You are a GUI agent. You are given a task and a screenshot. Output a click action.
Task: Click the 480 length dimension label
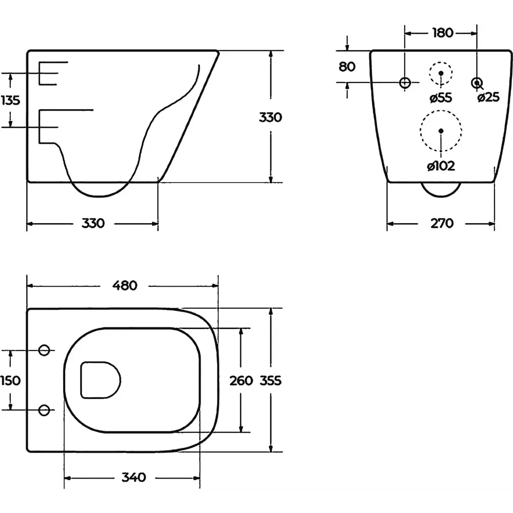point(125,286)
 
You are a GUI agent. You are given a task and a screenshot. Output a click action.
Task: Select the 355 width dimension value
point(270,381)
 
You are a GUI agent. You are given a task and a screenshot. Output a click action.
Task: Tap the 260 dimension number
point(241,381)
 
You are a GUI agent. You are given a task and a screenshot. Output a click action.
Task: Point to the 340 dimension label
point(134,477)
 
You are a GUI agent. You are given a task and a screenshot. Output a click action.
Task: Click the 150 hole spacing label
point(10,381)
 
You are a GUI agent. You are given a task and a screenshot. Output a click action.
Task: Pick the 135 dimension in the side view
point(10,100)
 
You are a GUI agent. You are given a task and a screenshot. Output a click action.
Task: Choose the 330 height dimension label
point(270,117)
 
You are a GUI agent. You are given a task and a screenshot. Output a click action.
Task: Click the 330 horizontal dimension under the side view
point(93,223)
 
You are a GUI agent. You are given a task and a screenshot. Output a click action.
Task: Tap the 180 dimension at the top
point(443,33)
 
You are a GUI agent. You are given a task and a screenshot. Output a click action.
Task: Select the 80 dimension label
point(347,67)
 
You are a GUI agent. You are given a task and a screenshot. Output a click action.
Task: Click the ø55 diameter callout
point(441,97)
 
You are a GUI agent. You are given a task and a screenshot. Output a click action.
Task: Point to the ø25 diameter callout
point(488,97)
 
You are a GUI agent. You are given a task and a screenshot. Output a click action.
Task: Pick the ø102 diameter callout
point(441,166)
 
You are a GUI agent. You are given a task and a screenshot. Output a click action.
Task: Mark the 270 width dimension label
point(442,223)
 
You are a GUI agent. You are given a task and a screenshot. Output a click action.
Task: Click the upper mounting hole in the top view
point(44,350)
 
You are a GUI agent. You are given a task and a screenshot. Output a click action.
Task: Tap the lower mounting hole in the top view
point(44,410)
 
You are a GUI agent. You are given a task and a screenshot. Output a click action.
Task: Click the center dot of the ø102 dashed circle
point(441,131)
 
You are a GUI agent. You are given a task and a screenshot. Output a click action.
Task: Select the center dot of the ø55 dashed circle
point(441,73)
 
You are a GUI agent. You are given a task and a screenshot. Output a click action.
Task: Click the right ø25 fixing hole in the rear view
point(477,83)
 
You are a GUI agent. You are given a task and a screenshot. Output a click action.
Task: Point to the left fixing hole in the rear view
point(405,83)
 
